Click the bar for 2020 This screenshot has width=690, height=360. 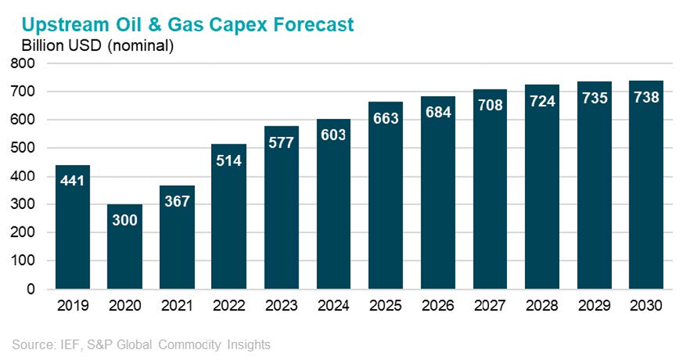click(x=124, y=246)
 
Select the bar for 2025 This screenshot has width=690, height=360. click(x=385, y=196)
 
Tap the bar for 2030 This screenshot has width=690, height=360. click(x=646, y=185)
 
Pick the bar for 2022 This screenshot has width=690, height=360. click(x=229, y=216)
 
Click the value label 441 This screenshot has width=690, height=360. click(x=72, y=180)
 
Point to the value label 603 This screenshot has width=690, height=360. click(x=333, y=135)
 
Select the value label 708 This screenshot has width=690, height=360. click(x=490, y=105)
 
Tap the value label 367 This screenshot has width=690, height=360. click(x=177, y=201)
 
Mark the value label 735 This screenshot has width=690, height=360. click(x=594, y=98)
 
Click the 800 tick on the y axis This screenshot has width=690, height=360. click(x=23, y=63)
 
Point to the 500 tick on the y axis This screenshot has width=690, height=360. click(x=23, y=148)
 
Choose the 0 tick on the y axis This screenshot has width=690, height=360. click(x=30, y=289)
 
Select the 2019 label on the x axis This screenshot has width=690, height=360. click(x=73, y=305)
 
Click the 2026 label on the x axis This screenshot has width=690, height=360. click(x=438, y=305)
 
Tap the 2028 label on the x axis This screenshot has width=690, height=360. click(x=542, y=305)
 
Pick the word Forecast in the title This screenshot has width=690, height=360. click(x=313, y=25)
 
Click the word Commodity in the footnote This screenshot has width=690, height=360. click(x=190, y=345)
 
